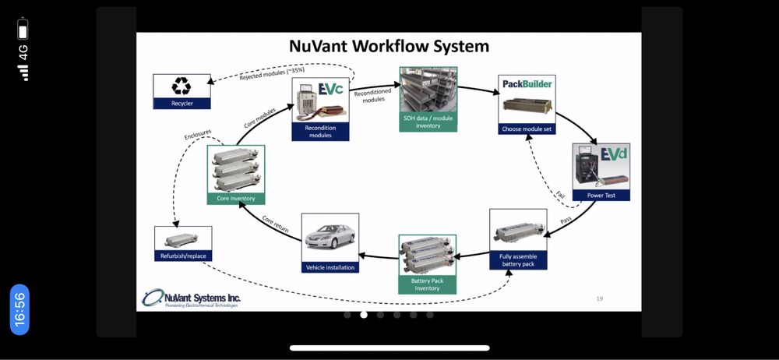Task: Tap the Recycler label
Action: [x=182, y=103]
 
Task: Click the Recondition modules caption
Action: [x=320, y=131]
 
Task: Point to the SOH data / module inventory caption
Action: [x=428, y=122]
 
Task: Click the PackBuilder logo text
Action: [x=527, y=83]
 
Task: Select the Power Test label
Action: [x=601, y=195]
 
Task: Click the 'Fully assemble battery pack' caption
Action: [x=518, y=259]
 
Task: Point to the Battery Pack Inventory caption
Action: [x=427, y=284]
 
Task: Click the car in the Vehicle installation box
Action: [x=330, y=237]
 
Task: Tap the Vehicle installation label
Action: [x=330, y=267]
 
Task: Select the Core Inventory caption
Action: [x=236, y=198]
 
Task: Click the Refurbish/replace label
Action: [x=183, y=255]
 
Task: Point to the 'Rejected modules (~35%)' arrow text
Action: [x=271, y=72]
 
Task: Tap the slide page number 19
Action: [x=599, y=298]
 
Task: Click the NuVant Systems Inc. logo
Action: [x=192, y=298]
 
